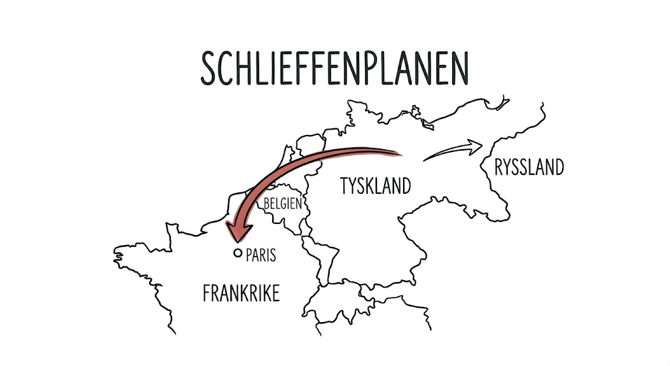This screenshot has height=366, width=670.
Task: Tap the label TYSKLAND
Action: tap(376, 186)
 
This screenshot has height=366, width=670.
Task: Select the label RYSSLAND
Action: tap(529, 168)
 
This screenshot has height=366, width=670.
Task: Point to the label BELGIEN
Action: tap(283, 203)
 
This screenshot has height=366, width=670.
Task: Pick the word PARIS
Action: tap(260, 255)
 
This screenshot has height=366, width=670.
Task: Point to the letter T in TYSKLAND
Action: tap(345, 186)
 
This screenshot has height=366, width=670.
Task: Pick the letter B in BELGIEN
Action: tap(267, 203)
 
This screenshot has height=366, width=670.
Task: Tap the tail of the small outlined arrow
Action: tap(427, 158)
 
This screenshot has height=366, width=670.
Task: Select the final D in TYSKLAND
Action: tap(406, 186)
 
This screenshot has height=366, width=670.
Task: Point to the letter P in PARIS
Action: tap(249, 255)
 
